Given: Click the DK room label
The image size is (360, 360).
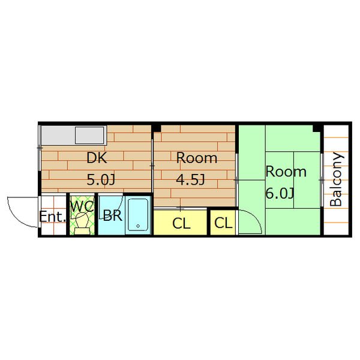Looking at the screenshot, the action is (x=97, y=158).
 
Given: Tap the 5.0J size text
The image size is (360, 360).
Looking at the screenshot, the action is (x=101, y=180).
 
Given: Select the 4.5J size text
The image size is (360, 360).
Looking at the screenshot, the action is (x=190, y=179).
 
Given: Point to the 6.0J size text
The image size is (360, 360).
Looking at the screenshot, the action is (x=280, y=193).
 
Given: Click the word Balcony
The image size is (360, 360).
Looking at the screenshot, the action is (x=337, y=179).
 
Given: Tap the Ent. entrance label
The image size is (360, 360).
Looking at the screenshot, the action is (x=52, y=216).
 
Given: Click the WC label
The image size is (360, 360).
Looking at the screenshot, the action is (x=82, y=206).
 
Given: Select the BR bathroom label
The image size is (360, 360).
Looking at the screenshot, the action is (x=113, y=215).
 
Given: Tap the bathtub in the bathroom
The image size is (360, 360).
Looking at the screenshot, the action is (x=138, y=215).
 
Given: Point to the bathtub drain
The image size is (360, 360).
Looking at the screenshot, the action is (x=138, y=226).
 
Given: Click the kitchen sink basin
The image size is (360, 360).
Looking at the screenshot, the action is (x=89, y=135).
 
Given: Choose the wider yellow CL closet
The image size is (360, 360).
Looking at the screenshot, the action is (x=180, y=223).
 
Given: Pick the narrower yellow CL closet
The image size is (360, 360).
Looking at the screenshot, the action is (x=223, y=223).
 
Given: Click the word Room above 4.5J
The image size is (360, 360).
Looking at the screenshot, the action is (x=197, y=158).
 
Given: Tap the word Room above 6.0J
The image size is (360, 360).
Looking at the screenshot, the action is (x=286, y=172).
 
